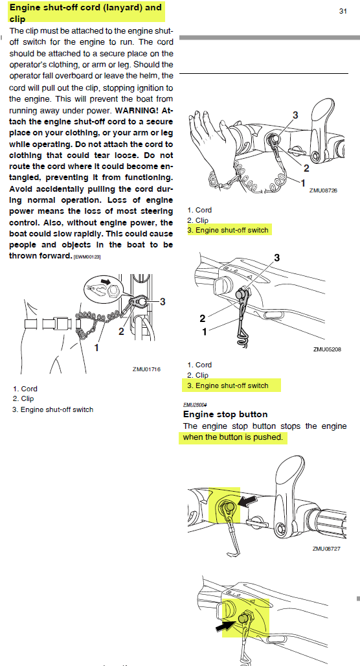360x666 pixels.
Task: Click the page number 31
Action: tap(343, 12)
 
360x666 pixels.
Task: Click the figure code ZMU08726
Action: tap(323, 190)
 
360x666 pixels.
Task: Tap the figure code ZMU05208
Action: tap(327, 350)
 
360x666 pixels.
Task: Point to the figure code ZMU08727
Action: tap(327, 548)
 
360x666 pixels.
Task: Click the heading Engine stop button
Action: tap(225, 414)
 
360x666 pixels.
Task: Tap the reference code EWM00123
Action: tap(87, 257)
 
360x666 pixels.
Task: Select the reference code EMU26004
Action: tap(193, 405)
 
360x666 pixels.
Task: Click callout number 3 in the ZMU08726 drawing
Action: tap(295, 115)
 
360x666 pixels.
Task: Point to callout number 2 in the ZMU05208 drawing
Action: tap(203, 319)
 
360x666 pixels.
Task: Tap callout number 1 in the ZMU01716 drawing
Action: tap(96, 348)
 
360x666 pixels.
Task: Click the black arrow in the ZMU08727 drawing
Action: tap(247, 501)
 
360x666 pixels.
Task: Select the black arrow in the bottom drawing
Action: tap(226, 625)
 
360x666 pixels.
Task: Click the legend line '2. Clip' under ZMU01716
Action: tap(23, 399)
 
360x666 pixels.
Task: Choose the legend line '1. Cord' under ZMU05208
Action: tap(199, 365)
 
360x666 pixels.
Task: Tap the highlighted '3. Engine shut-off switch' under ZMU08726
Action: tap(228, 230)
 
